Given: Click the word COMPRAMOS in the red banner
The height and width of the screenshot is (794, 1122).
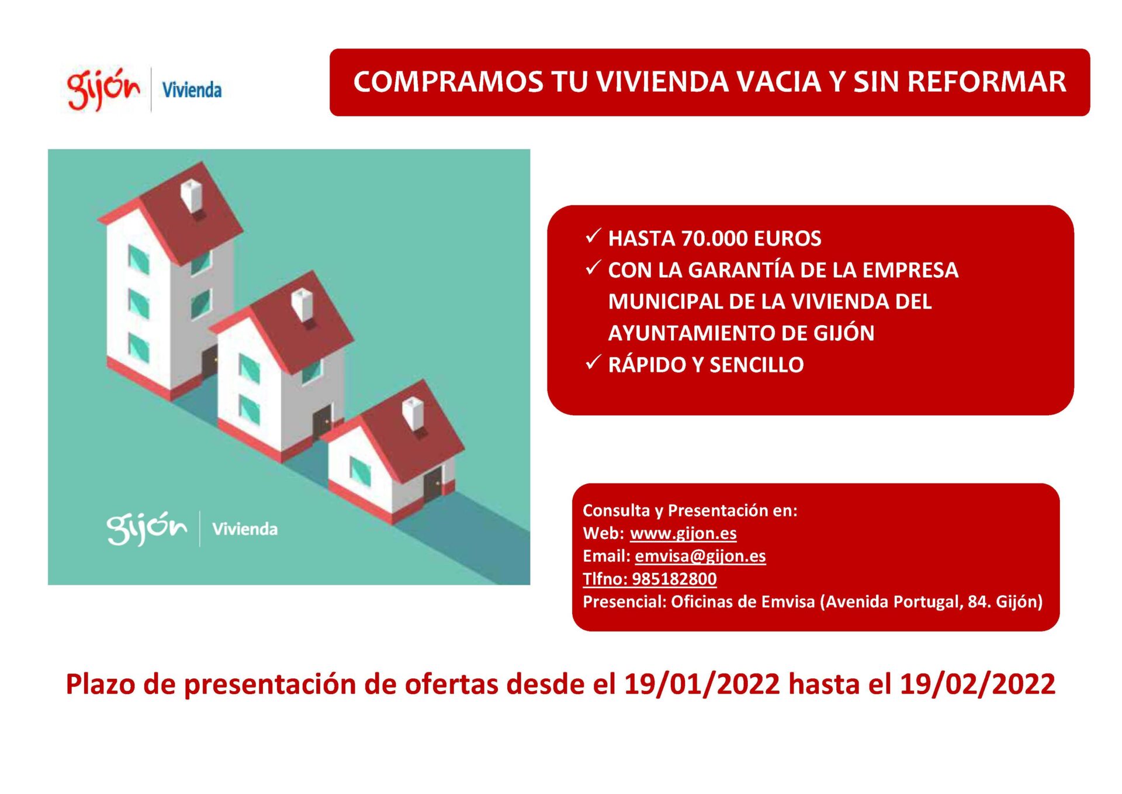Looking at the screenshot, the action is pos(448,82).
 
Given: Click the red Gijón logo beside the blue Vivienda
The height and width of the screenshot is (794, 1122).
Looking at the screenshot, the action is pos(104,89).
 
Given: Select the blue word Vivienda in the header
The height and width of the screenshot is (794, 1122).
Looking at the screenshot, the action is pos(192,90).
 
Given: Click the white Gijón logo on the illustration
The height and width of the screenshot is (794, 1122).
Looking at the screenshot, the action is pos(147,529).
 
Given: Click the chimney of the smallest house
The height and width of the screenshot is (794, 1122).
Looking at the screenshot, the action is pos(413,413).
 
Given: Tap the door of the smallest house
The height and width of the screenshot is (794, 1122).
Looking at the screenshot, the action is pos(433,484).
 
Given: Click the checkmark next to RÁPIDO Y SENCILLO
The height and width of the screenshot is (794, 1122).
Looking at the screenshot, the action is pos(593,363).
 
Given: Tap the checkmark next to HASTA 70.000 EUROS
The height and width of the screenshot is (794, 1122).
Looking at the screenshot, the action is pos(593,236).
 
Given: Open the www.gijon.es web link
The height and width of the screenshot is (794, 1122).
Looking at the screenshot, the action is pos(683,533).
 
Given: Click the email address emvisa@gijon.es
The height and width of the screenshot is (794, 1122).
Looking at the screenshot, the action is pos(700,556).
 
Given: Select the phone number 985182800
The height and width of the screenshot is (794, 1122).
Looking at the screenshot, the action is pos(674,579).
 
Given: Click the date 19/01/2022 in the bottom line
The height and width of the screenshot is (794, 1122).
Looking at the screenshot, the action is pos(702,684).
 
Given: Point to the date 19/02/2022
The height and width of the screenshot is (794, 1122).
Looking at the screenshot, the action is pos(978,684).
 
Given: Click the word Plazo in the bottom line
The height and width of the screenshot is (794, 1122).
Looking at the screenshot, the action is pos(101,684).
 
